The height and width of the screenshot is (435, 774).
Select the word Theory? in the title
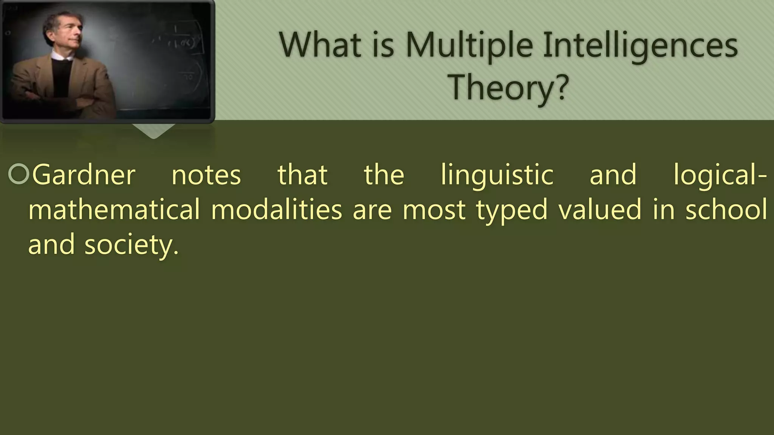point(508,88)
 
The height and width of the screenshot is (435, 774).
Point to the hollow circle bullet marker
point(18,174)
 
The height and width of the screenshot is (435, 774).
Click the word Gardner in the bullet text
point(84,175)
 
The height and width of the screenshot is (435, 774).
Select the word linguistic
point(497,175)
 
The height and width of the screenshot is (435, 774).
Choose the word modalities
point(276,210)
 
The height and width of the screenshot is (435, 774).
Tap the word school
point(726,210)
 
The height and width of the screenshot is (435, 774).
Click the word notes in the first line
point(206,175)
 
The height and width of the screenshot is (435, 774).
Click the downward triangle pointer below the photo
point(153,131)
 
